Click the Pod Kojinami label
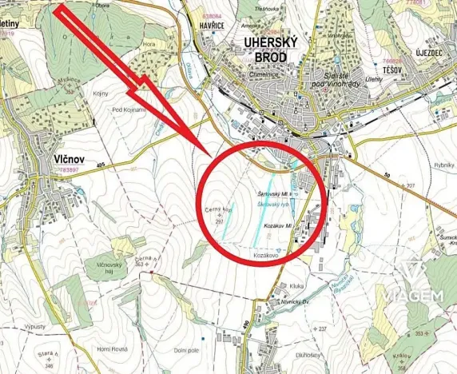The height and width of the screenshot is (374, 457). tap(129, 109)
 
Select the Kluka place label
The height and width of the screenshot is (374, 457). tap(298, 285)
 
